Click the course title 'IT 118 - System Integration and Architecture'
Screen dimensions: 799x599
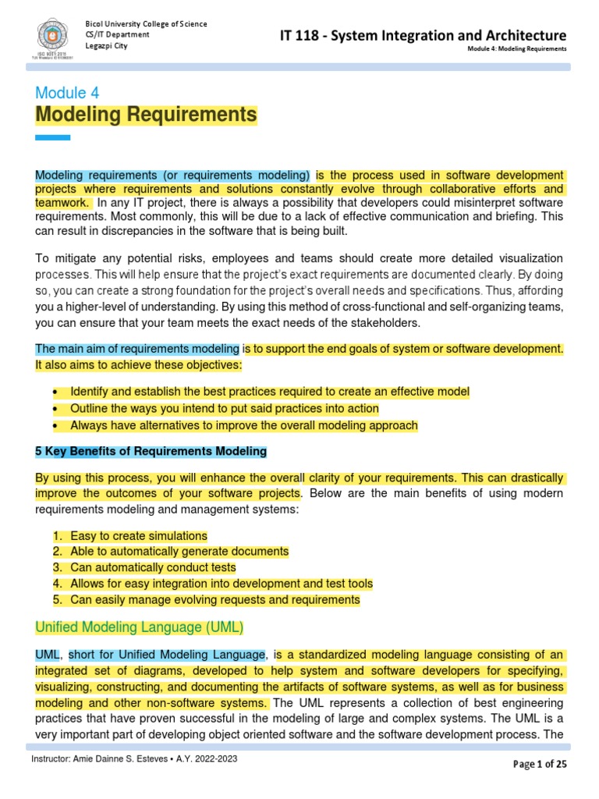[x=424, y=35]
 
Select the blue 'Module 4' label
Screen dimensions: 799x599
[x=67, y=93]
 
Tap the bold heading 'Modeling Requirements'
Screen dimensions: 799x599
[x=146, y=115]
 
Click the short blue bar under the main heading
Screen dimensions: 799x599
[x=53, y=138]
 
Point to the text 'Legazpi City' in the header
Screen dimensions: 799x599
[x=106, y=46]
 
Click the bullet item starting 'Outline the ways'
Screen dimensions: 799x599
[x=224, y=409]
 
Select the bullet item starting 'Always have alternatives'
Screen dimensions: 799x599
[x=243, y=426]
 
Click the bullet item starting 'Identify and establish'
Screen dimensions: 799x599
[x=269, y=392]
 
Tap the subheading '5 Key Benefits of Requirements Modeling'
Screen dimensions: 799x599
[x=151, y=451]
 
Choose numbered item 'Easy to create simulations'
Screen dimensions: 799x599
[x=139, y=536]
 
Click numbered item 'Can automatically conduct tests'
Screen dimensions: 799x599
[x=153, y=568]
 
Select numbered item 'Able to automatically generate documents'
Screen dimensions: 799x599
[x=179, y=552]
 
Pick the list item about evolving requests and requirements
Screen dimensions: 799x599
[x=214, y=600]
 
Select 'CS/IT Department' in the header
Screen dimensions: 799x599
[x=117, y=35]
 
